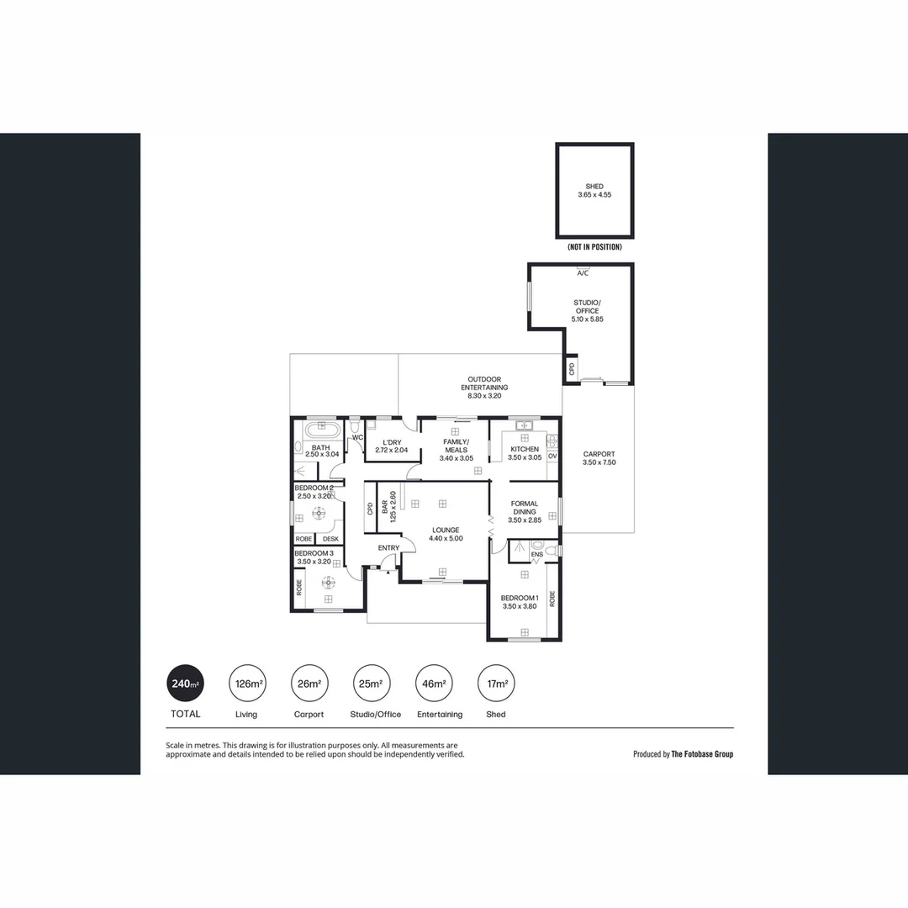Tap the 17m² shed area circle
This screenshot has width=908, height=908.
tap(496, 684)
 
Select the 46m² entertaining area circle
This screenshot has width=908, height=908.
tap(434, 684)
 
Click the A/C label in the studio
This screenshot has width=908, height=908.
tap(582, 273)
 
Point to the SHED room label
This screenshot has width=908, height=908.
tap(594, 187)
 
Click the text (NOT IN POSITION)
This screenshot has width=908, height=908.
tap(594, 247)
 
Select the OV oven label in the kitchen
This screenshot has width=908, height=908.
tap(552, 456)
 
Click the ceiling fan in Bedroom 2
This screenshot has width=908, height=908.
tap(319, 515)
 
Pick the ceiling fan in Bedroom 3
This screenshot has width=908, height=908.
tap(329, 581)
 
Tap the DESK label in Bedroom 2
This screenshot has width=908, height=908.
tap(330, 539)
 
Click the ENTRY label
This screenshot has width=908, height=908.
tap(388, 548)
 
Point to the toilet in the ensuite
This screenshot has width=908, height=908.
tap(551, 551)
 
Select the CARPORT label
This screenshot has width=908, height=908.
tap(599, 453)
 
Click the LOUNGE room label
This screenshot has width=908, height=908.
tap(446, 530)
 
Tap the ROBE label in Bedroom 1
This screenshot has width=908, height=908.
tap(552, 599)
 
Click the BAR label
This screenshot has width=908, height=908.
tap(385, 507)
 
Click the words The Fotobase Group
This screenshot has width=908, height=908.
tap(702, 754)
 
